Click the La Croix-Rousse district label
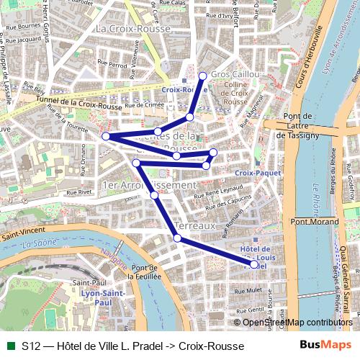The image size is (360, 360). click(132, 29)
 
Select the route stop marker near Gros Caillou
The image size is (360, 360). click(202, 76)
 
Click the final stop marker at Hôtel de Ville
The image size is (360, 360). click(253, 265)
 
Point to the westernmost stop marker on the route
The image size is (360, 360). click(106, 136)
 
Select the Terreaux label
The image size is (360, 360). click(196, 225)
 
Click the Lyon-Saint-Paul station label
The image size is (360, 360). click(99, 297)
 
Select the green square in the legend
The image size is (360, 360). click(10, 346)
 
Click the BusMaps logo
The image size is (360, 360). click(321, 346)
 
